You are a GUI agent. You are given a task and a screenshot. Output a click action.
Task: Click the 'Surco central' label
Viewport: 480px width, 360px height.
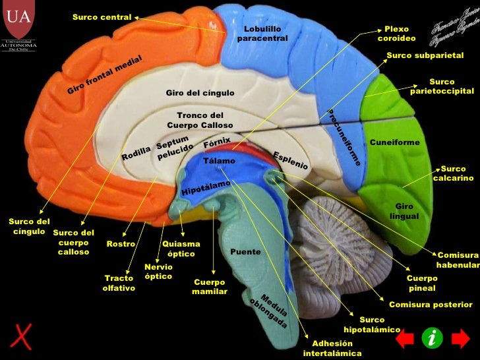(102, 16)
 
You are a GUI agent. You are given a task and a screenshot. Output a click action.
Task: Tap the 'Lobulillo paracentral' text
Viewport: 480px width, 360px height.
(262, 34)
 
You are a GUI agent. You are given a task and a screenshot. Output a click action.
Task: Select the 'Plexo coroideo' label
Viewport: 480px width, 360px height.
(396, 34)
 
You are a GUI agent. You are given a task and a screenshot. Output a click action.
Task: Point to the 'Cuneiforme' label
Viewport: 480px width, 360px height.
(394, 142)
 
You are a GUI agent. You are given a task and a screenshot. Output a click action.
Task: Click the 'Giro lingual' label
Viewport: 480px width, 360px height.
(404, 211)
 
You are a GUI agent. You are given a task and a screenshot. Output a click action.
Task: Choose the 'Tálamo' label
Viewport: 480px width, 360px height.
(219, 161)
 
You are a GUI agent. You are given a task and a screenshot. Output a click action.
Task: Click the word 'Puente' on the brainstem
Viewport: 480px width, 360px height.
(245, 252)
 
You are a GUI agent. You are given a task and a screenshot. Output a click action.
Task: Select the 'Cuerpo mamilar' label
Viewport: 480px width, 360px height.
(210, 287)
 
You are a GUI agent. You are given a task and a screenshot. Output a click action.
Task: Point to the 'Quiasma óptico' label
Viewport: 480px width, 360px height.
(181, 249)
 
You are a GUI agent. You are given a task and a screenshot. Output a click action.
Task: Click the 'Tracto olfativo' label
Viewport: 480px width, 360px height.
(119, 284)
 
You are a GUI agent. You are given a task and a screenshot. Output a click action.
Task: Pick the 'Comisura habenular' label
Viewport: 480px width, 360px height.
(457, 259)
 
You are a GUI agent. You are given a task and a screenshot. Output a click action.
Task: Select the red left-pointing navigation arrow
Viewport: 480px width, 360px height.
(404, 339)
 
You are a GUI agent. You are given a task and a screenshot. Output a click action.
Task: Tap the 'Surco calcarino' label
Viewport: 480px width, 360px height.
(453, 173)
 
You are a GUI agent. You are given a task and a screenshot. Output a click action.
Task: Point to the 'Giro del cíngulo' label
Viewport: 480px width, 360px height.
(200, 93)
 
